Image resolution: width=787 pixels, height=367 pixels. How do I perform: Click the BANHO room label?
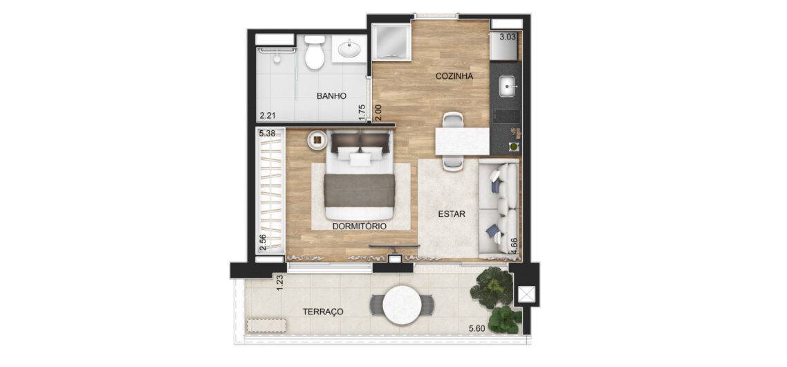pos(331,96)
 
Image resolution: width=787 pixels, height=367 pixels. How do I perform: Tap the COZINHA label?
pos(455,76)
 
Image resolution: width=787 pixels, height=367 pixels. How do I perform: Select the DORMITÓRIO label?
pos(360,226)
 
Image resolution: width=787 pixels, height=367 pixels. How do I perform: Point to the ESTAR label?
pos(452,214)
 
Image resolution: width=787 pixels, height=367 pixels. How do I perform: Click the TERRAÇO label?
pos(323,312)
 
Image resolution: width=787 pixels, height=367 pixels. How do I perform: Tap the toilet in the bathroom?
pos(315,53)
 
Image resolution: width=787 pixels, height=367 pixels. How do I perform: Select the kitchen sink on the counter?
pos(508,87)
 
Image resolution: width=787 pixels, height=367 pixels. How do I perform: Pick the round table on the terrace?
pos(402,305)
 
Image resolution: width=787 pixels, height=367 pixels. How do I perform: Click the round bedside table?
pos(317,141)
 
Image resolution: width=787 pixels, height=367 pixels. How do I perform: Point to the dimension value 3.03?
pos(508,36)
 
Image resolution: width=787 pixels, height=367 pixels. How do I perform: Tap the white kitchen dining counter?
pos(462,141)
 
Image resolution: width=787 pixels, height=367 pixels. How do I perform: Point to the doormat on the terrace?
pos(267,325)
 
